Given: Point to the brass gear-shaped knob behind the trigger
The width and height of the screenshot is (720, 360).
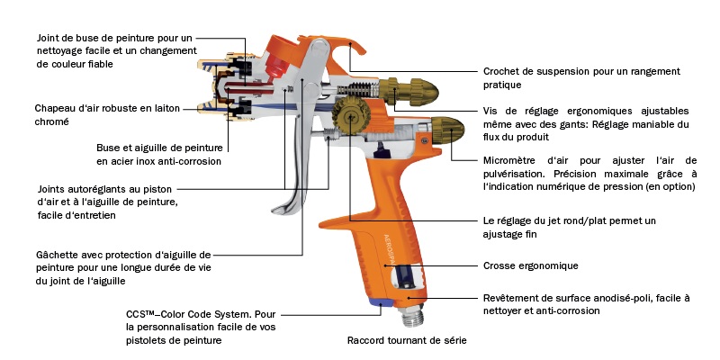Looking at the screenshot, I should [x=347, y=118].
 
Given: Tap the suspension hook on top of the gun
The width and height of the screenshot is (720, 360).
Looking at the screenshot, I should [x=337, y=54].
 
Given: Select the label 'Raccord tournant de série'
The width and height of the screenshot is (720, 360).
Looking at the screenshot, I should [x=407, y=341].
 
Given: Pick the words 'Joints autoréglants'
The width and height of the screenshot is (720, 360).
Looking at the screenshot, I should [x=80, y=189].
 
